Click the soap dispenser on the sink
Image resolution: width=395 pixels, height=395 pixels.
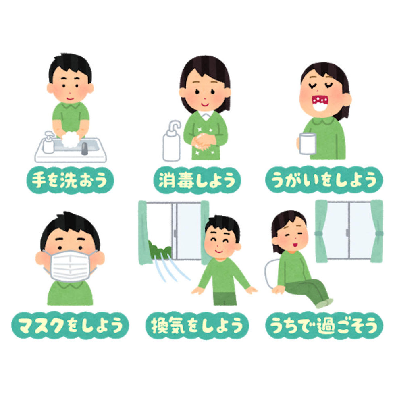point(49,143)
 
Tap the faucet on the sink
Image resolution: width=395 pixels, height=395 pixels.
point(84,148)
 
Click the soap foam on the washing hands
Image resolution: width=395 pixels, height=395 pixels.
point(70,139)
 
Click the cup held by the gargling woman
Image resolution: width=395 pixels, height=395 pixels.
point(308,143)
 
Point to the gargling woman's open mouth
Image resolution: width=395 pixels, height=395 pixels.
point(322,102)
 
